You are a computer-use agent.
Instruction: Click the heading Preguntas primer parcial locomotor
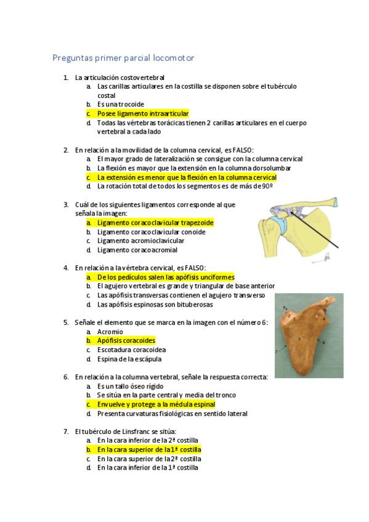pyautogui.click(x=123, y=58)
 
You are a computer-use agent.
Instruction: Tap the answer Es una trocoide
pyautogui.click(x=120, y=105)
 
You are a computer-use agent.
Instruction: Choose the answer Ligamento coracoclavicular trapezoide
pyautogui.click(x=155, y=223)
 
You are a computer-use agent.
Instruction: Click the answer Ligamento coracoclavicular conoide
pyautogui.click(x=151, y=232)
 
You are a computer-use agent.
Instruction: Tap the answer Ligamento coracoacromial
pyautogui.click(x=137, y=251)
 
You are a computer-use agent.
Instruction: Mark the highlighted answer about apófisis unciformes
pyautogui.click(x=166, y=278)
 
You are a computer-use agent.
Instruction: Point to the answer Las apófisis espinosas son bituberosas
pyautogui.click(x=155, y=305)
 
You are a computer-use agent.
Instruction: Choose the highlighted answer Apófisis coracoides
pyautogui.click(x=126, y=341)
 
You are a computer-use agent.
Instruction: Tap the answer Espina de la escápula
pyautogui.click(x=129, y=359)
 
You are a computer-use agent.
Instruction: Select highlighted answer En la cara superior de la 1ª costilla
pyautogui.click(x=149, y=450)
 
